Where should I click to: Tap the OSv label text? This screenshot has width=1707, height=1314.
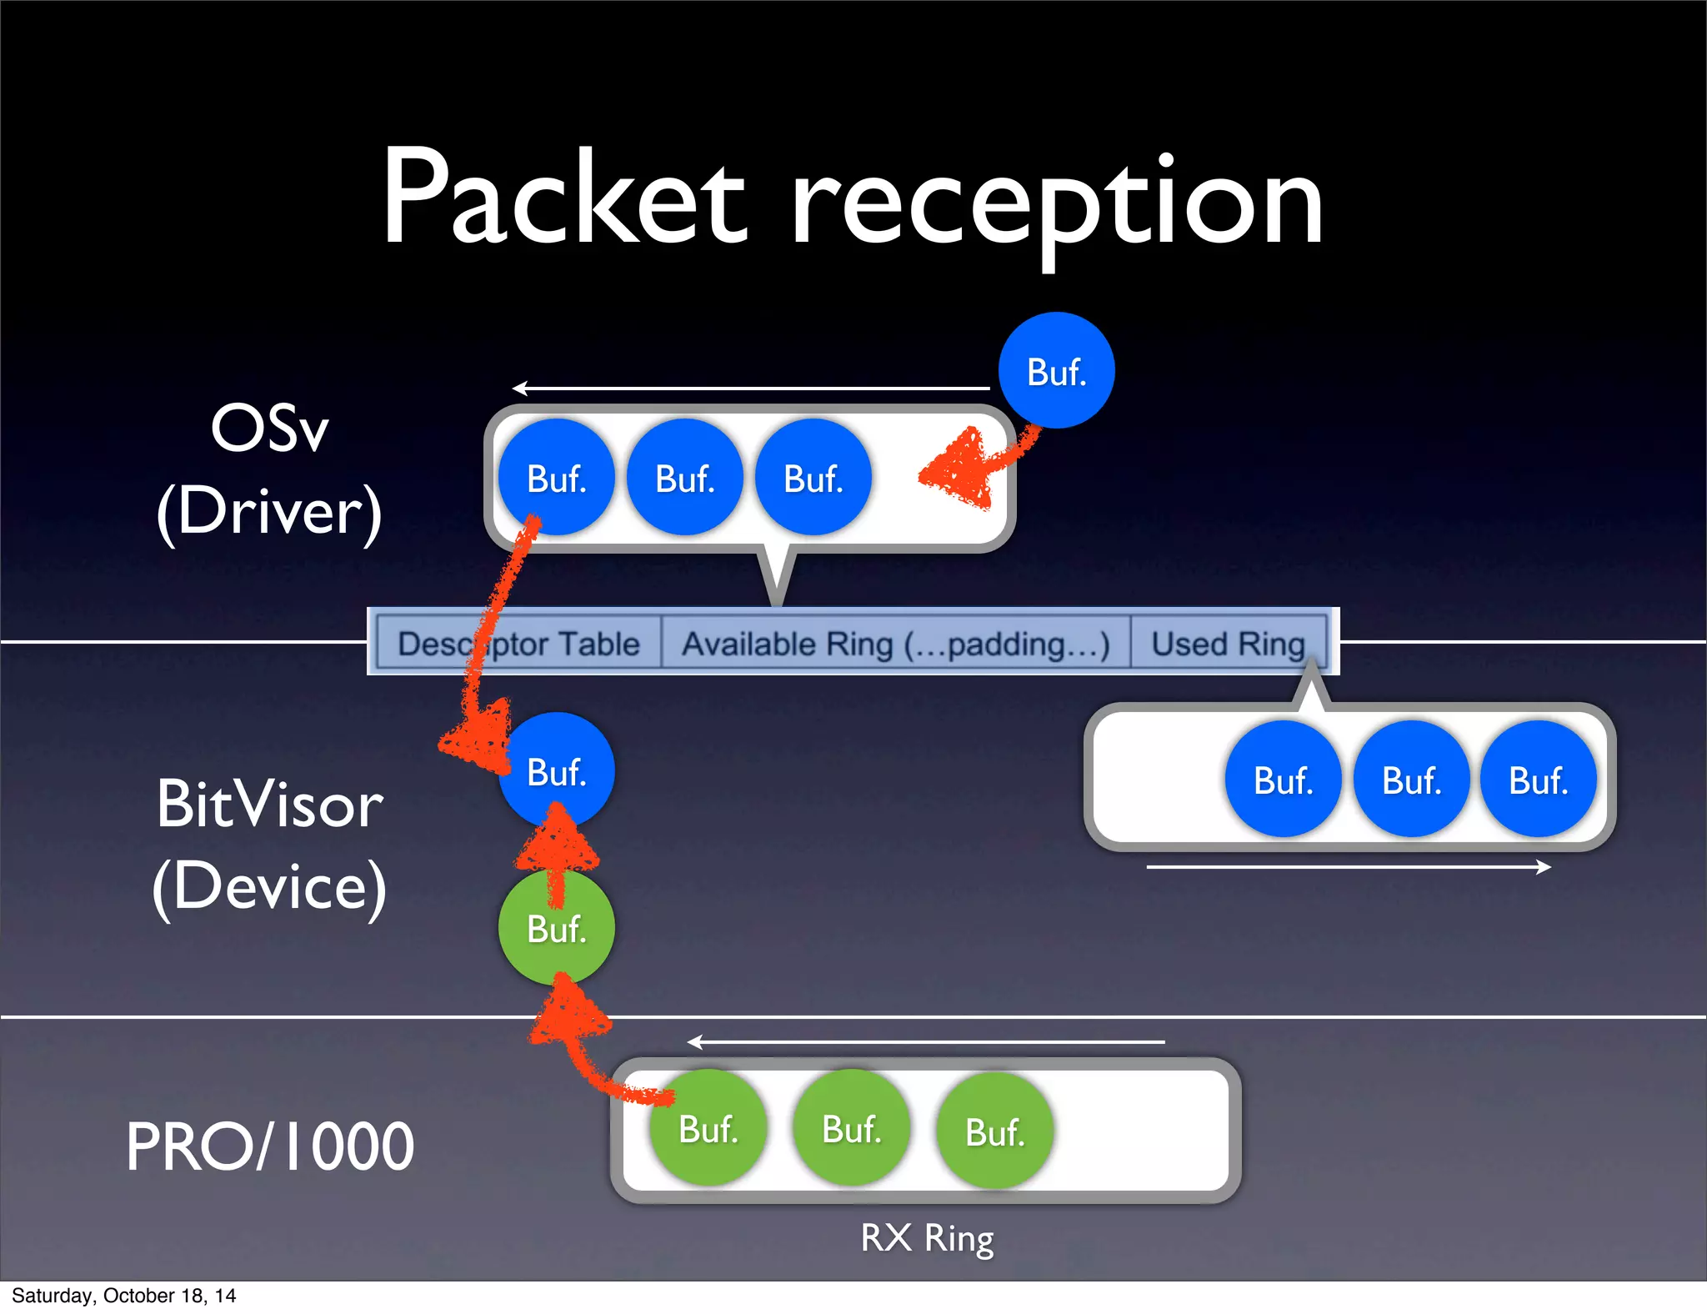(x=269, y=429)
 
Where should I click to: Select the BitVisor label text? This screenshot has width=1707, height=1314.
(x=269, y=805)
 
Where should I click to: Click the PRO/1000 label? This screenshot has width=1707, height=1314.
(x=269, y=1146)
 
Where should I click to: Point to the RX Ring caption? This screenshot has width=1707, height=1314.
(x=927, y=1238)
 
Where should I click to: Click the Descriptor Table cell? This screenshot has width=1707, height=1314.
(x=518, y=644)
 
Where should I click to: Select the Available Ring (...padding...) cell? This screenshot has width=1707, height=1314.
(x=895, y=644)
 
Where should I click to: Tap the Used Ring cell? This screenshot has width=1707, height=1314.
(x=1228, y=644)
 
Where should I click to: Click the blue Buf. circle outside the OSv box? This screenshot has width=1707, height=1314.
(x=1056, y=371)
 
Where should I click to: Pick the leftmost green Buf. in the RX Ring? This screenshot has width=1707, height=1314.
(x=708, y=1129)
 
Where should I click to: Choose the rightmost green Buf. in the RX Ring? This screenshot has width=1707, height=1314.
(x=994, y=1131)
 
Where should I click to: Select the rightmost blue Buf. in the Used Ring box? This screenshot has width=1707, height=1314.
(x=1538, y=780)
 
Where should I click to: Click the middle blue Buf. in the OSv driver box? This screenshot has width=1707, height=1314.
(x=684, y=478)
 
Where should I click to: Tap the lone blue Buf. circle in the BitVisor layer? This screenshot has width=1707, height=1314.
(x=557, y=771)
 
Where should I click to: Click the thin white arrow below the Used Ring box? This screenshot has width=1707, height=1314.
(x=1348, y=867)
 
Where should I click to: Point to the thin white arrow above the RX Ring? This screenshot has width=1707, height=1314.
(x=925, y=1042)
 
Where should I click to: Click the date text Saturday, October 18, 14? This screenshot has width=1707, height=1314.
(x=123, y=1296)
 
